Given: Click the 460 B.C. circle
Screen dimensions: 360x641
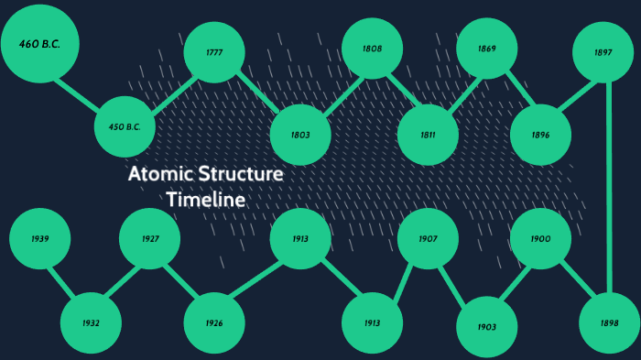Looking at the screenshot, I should pyautogui.click(x=39, y=42).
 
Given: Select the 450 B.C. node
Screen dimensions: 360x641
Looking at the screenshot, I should pyautogui.click(x=125, y=126).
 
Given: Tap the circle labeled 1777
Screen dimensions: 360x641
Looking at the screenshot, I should pyautogui.click(x=214, y=52).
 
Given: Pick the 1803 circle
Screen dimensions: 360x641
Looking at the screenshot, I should pyautogui.click(x=300, y=135).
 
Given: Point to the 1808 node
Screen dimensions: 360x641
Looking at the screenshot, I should pyautogui.click(x=372, y=49).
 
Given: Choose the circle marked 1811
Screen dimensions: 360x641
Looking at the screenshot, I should pyautogui.click(x=428, y=135).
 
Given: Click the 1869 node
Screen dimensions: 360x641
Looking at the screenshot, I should pyautogui.click(x=487, y=49).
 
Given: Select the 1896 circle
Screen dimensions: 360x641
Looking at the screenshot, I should pyautogui.click(x=540, y=135).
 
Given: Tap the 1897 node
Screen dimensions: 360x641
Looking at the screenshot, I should pyautogui.click(x=603, y=52).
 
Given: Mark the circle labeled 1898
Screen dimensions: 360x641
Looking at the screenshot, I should pyautogui.click(x=609, y=323).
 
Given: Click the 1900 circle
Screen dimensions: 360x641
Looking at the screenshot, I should pyautogui.click(x=540, y=238).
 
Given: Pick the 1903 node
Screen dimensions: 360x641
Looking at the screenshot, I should pyautogui.click(x=487, y=327).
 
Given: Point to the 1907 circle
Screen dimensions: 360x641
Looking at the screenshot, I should pyautogui.click(x=428, y=238).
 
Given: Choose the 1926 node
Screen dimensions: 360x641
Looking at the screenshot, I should pyautogui.click(x=214, y=323).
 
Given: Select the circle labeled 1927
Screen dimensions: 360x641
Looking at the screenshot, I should pyautogui.click(x=150, y=238).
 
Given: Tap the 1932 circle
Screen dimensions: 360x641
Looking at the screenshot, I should pyautogui.click(x=91, y=323).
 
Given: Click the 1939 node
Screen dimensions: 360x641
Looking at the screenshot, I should pyautogui.click(x=39, y=238).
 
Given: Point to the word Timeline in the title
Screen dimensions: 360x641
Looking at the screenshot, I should pyautogui.click(x=205, y=199).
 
